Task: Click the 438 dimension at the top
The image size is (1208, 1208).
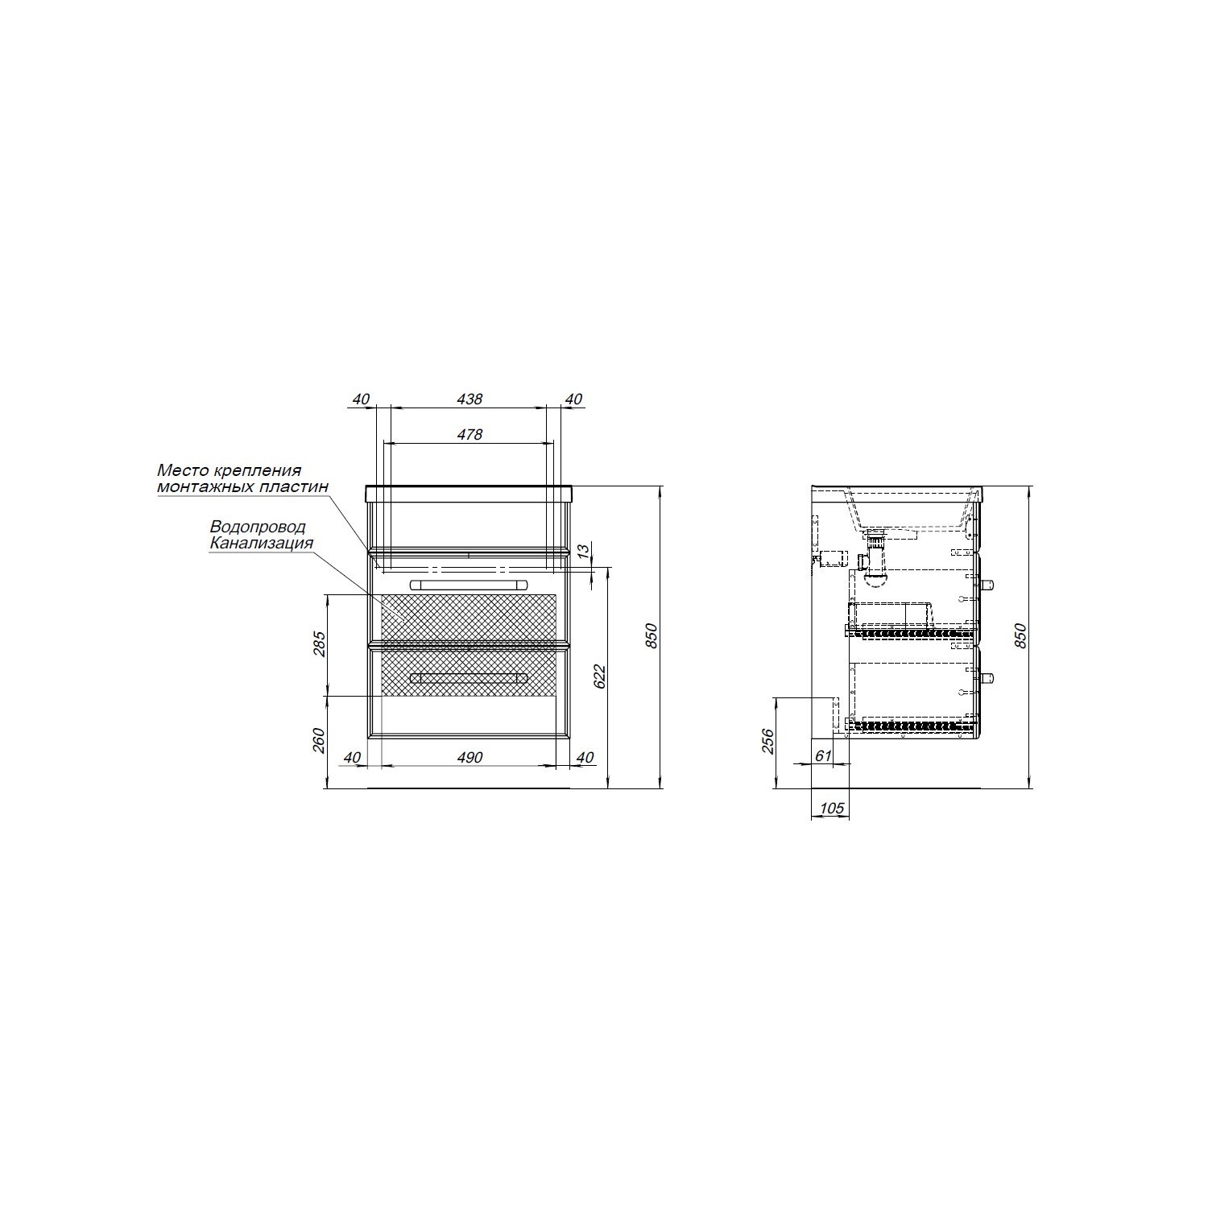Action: point(470,399)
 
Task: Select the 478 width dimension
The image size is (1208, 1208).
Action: point(470,434)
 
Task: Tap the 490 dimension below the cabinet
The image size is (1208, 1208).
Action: point(470,757)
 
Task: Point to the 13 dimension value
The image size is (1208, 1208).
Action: point(585,550)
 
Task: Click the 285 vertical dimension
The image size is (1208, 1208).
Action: point(319,644)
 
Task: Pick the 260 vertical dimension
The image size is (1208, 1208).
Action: point(319,740)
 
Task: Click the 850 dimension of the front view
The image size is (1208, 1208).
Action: point(653,636)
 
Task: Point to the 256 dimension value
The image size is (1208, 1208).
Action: point(767,741)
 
